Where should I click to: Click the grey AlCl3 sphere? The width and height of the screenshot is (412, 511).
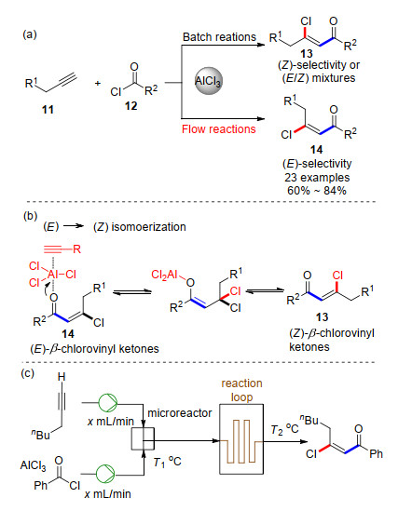coord(208,81)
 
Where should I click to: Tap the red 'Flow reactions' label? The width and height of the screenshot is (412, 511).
coord(218,129)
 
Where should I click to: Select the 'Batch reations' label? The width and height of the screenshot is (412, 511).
coord(219,37)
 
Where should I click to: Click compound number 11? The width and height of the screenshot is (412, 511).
coord(48,110)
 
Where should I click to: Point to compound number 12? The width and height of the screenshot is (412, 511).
coord(130,106)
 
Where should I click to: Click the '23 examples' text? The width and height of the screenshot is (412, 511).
coord(317,178)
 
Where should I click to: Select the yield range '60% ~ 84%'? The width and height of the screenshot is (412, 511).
coord(317,191)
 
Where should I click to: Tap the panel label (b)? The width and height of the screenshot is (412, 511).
coord(31,216)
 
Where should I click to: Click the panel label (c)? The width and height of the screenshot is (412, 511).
coord(27,373)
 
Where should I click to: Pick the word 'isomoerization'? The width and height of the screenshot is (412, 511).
coord(148,227)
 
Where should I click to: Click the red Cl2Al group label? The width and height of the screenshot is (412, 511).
coord(164,276)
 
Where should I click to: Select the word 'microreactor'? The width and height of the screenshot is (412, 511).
coord(180,413)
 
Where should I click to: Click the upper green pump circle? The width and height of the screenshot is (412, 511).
coord(107,403)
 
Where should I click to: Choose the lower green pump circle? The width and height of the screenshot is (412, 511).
coord(105,474)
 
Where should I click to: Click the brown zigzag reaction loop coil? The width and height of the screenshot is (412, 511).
coord(241,441)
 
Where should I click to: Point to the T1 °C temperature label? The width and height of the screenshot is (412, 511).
coord(167,462)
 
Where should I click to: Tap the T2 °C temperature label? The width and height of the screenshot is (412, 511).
coord(284,429)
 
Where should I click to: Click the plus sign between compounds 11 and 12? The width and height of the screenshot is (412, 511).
coord(97,84)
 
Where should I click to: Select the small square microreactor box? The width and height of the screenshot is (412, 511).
coord(143,438)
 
